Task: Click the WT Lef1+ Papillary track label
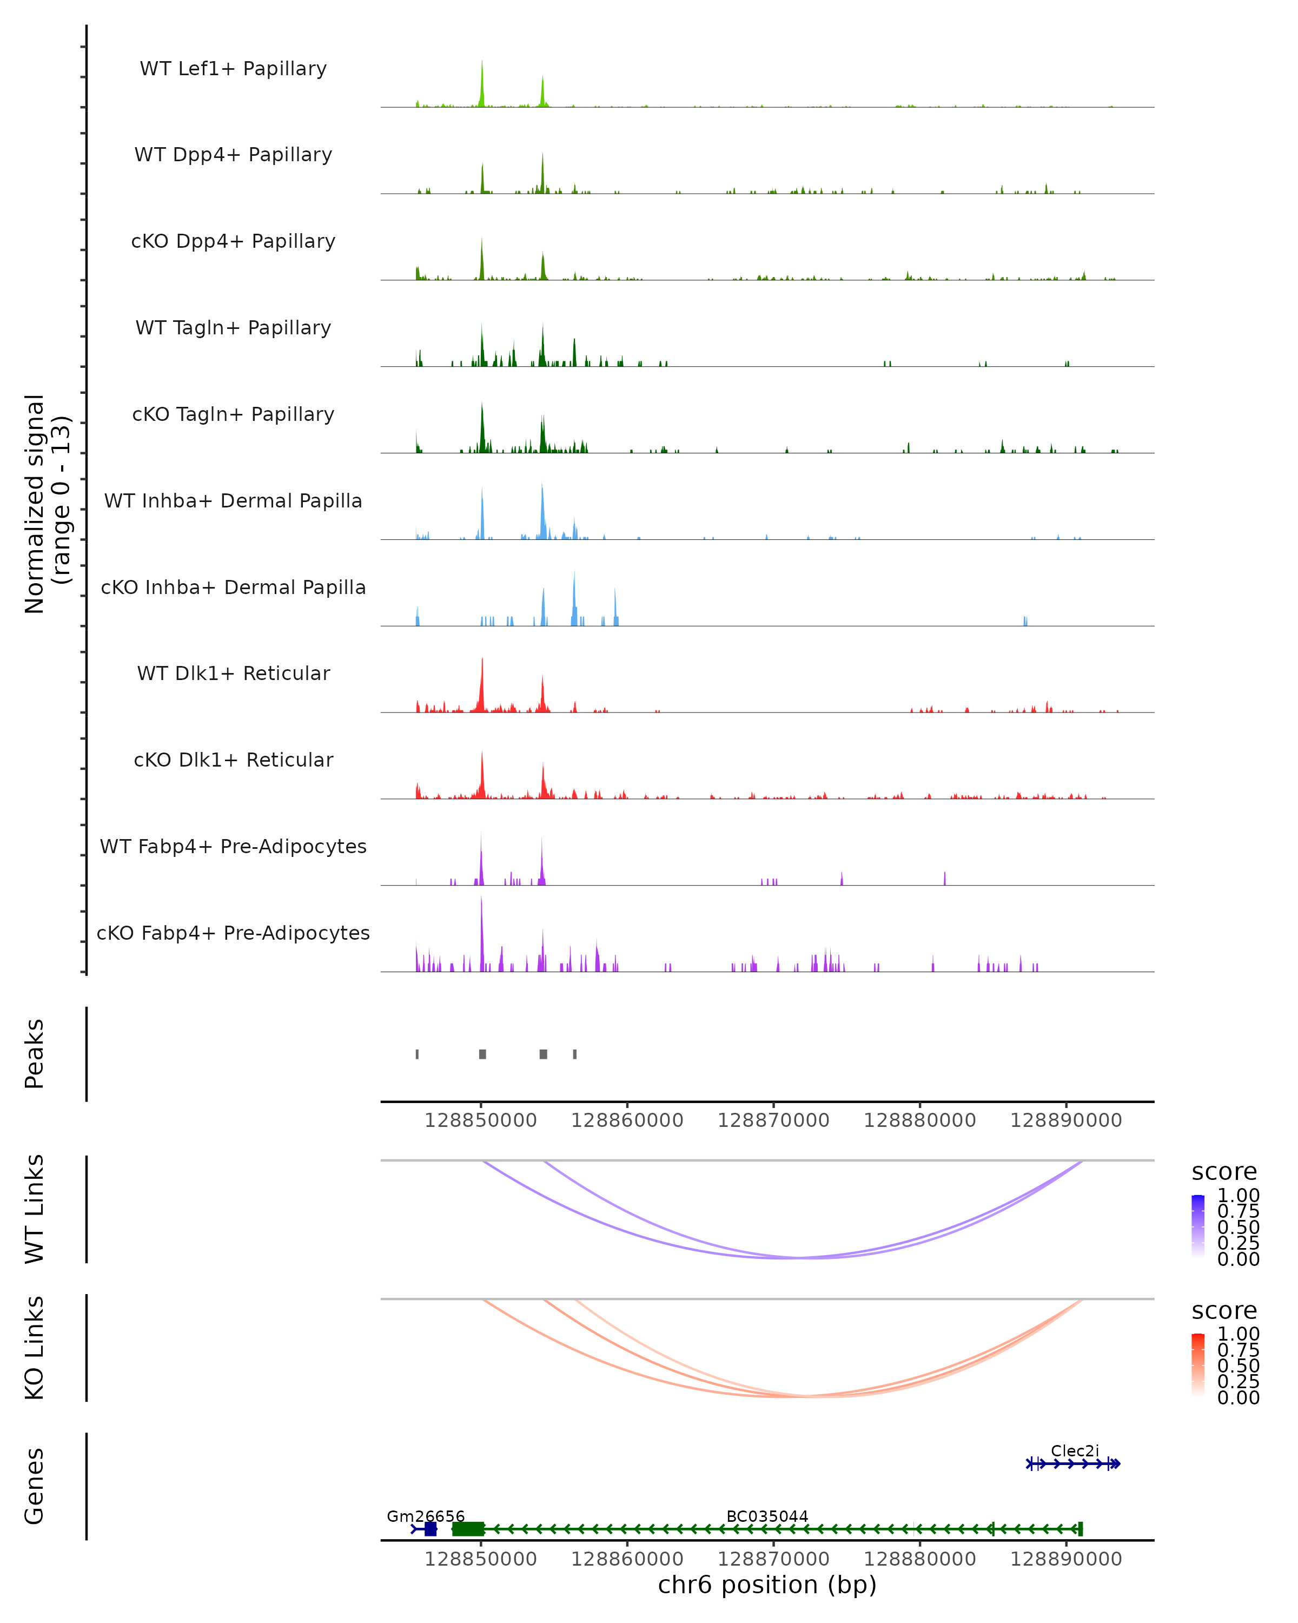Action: click(x=233, y=69)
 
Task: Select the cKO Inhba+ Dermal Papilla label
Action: click(x=233, y=587)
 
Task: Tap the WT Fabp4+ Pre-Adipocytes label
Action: click(x=233, y=846)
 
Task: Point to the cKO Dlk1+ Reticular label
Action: click(x=233, y=760)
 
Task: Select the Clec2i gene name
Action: click(x=1075, y=1450)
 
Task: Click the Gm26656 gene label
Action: click(x=425, y=1516)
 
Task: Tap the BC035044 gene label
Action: click(x=767, y=1516)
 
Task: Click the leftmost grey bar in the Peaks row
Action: click(x=417, y=1054)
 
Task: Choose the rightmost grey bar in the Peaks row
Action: click(x=574, y=1054)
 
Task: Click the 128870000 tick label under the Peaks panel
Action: click(x=773, y=1120)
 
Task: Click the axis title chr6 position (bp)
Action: click(x=767, y=1585)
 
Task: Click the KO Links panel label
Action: click(x=35, y=1348)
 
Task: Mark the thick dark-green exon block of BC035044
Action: click(x=468, y=1528)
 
